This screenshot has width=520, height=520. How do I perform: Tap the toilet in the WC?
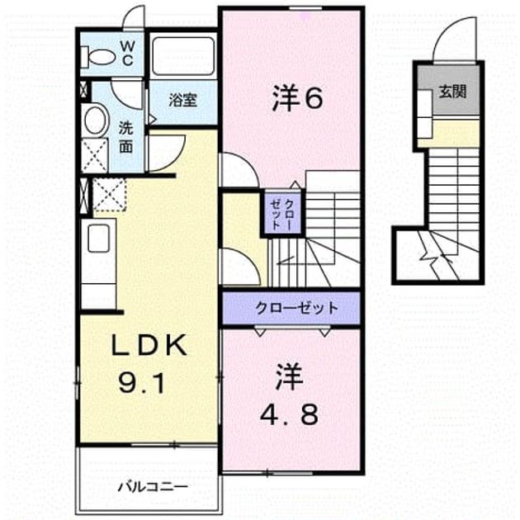98,56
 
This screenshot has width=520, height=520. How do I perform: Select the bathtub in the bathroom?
183,56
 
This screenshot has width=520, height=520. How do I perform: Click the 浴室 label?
182,100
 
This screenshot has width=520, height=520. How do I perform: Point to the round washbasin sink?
96,120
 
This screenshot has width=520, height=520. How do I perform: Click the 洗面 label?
125,137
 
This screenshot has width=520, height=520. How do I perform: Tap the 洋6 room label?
297,98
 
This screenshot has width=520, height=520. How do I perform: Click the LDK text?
149,345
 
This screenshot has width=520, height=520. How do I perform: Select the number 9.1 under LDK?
142,382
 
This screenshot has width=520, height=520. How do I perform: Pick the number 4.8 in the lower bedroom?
289,414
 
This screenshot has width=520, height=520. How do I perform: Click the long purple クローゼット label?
296,309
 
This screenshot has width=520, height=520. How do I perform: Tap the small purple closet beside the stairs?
282,213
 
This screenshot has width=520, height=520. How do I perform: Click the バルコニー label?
153,487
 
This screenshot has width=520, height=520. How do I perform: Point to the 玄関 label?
452,92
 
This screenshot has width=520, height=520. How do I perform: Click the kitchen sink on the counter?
98,238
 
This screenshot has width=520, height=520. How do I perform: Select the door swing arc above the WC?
134,18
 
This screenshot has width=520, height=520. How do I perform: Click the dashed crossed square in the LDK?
109,195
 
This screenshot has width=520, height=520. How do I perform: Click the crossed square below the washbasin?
95,155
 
